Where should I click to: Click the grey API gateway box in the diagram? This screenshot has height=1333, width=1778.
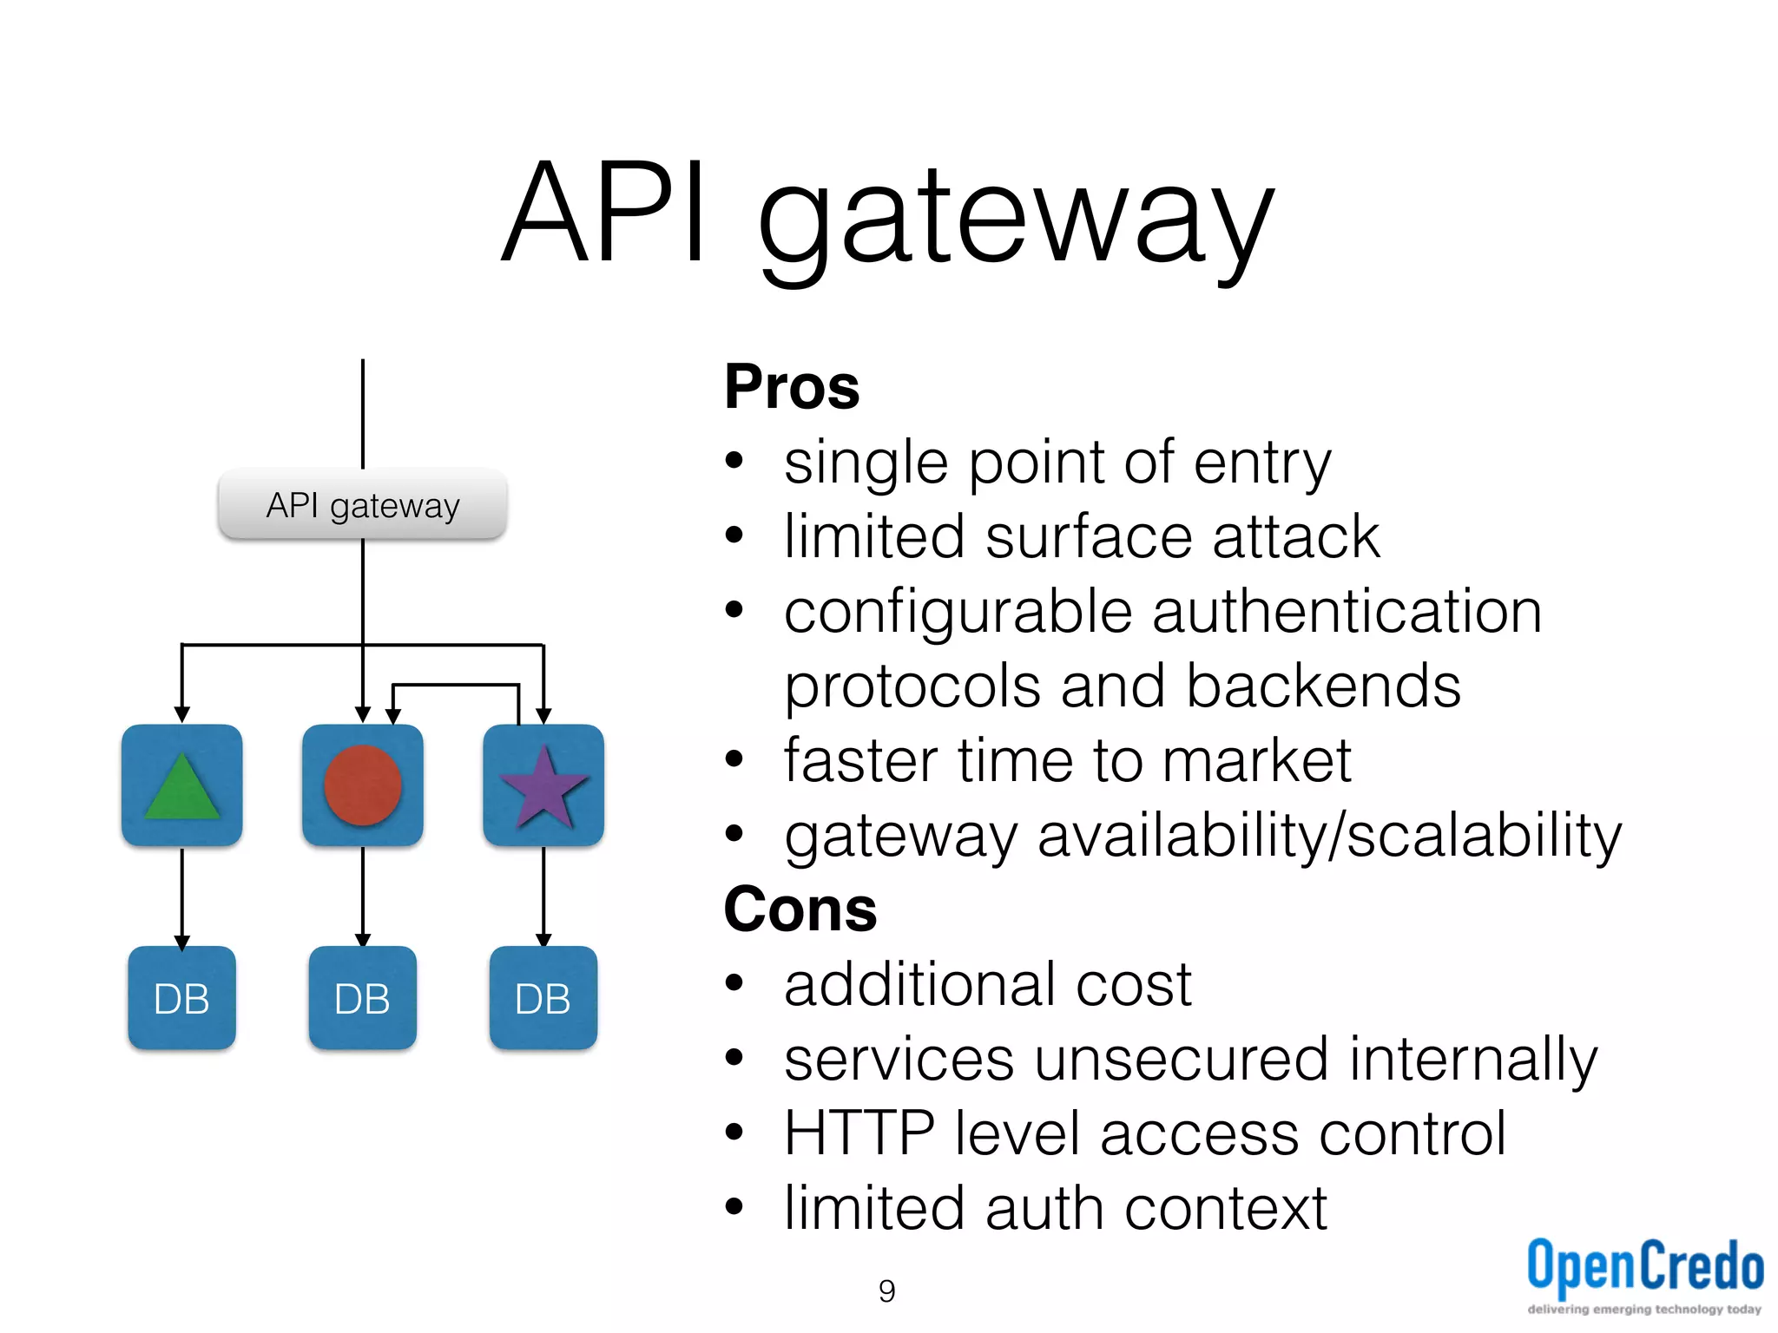(x=362, y=505)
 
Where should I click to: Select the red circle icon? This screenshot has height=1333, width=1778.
(x=362, y=785)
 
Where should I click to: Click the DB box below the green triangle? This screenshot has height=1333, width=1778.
(x=181, y=998)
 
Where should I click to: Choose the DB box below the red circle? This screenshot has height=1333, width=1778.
(x=362, y=998)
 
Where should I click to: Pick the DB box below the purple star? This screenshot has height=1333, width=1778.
(x=543, y=998)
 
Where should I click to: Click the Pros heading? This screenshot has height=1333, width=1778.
(x=791, y=387)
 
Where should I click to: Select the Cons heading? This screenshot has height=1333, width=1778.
(x=800, y=909)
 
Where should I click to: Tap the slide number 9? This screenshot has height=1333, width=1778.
(x=886, y=1291)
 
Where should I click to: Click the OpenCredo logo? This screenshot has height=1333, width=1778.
(x=1644, y=1271)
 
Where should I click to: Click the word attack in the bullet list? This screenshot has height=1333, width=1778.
(x=1295, y=537)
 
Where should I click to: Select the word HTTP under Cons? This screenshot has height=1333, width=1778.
(x=859, y=1133)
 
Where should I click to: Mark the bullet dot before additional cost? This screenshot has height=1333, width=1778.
(x=734, y=983)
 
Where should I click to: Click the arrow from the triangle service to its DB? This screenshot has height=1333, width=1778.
(x=181, y=898)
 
